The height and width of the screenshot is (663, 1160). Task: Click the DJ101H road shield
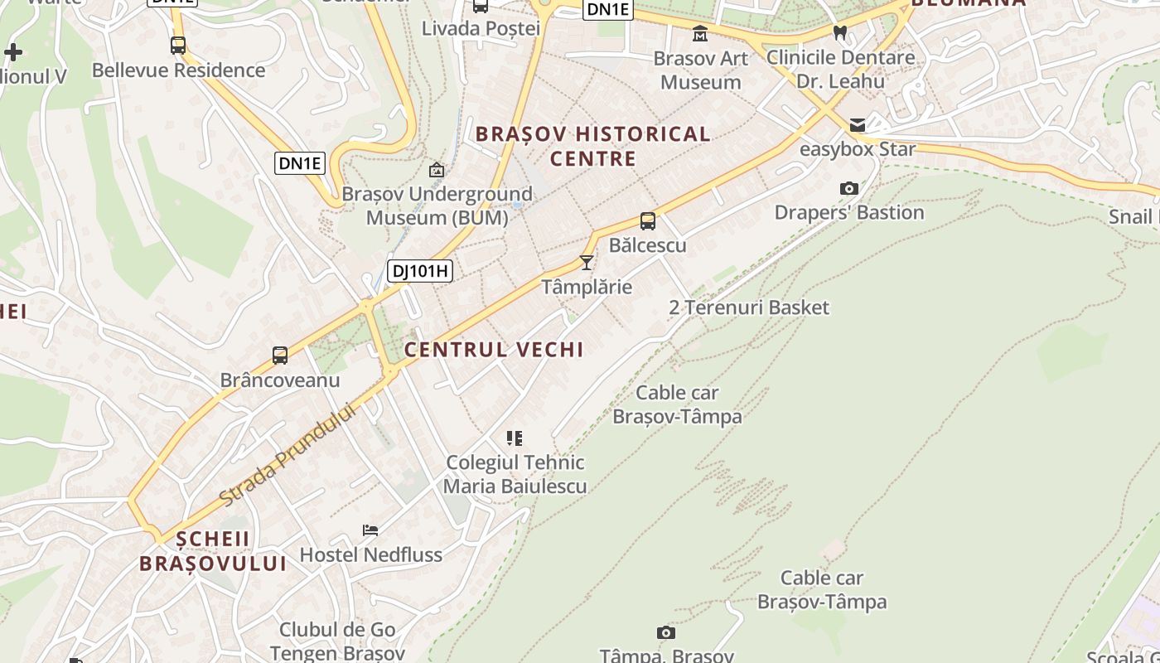(420, 270)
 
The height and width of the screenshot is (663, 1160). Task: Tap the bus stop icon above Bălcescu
(648, 221)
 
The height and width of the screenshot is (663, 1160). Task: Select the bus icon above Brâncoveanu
(280, 356)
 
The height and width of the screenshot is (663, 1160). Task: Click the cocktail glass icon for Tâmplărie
(587, 263)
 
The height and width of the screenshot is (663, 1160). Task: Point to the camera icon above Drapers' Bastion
(849, 189)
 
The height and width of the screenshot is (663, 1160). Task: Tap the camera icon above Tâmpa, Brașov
(665, 633)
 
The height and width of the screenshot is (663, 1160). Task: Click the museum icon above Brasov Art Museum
(700, 34)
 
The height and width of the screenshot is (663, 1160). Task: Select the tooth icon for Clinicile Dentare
(840, 33)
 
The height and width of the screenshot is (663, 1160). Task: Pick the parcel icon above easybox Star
(858, 125)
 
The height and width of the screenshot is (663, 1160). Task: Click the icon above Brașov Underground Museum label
(437, 170)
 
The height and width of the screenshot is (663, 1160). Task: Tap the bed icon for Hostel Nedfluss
(370, 530)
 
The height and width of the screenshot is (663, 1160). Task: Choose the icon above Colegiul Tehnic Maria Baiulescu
(515, 438)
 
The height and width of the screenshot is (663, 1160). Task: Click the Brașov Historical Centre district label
(592, 146)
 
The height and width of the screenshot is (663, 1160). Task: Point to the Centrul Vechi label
(494, 350)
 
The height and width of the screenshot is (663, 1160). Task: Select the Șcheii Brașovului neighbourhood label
(213, 551)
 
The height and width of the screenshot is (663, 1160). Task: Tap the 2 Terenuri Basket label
(749, 307)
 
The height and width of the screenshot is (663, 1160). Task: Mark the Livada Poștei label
(481, 28)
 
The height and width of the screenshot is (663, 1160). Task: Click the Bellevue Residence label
(178, 70)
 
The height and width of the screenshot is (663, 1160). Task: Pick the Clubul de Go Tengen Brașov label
(337, 641)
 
